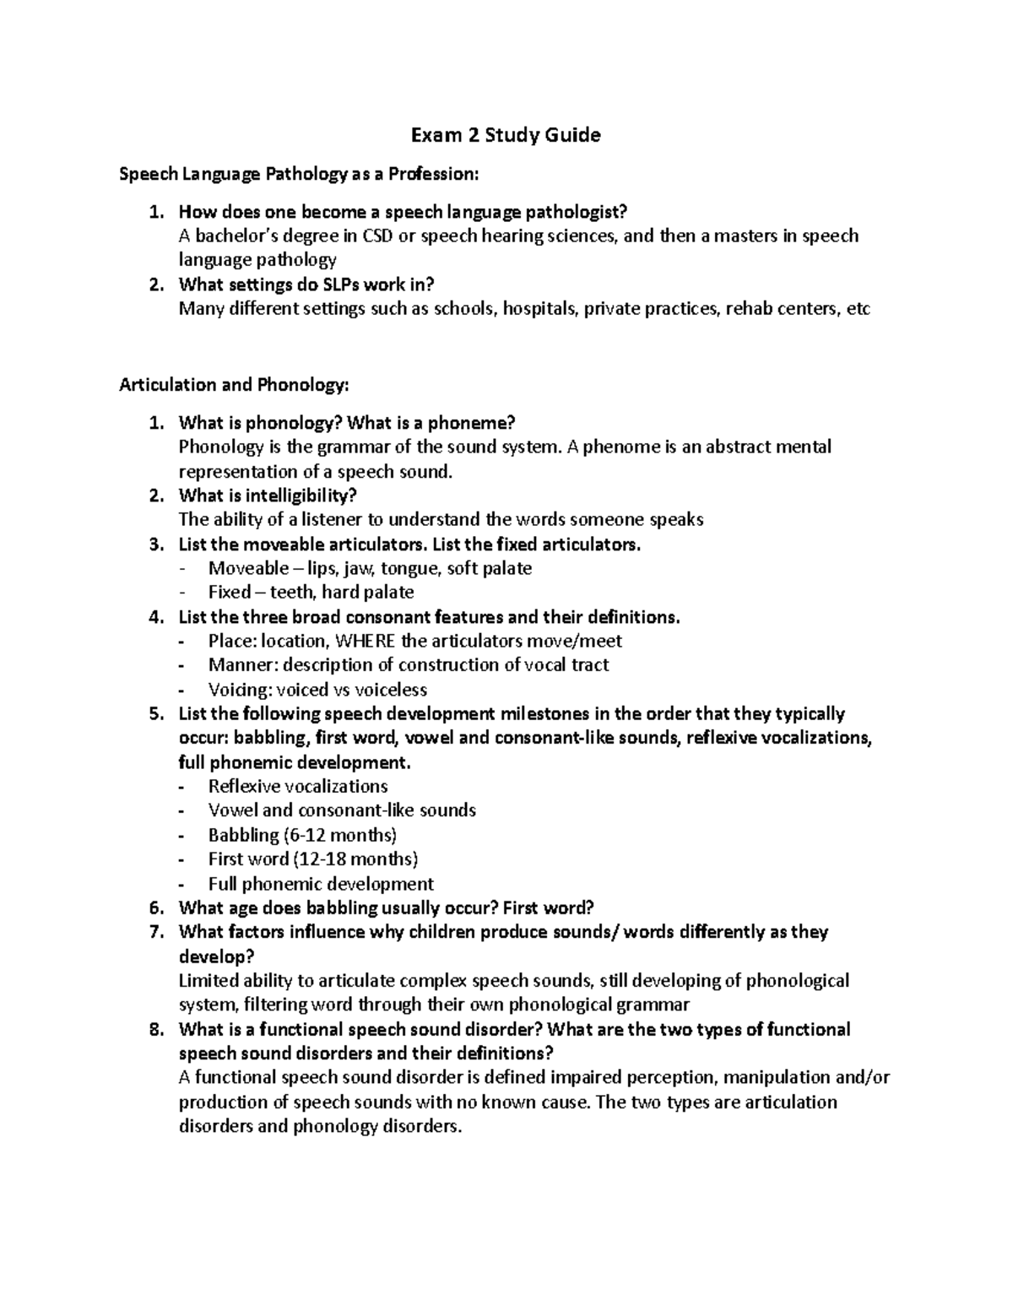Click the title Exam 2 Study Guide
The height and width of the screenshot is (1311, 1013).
click(505, 135)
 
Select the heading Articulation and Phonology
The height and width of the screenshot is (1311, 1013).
click(234, 385)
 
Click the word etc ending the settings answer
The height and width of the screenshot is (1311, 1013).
click(857, 309)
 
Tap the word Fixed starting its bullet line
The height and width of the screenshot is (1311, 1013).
click(230, 593)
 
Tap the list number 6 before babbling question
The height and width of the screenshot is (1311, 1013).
click(154, 908)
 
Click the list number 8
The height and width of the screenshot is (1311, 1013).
click(154, 1030)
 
